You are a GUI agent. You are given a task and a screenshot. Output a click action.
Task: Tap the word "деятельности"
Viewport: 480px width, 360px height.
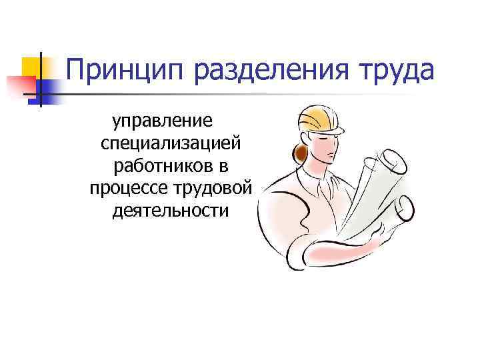tap(171, 211)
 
